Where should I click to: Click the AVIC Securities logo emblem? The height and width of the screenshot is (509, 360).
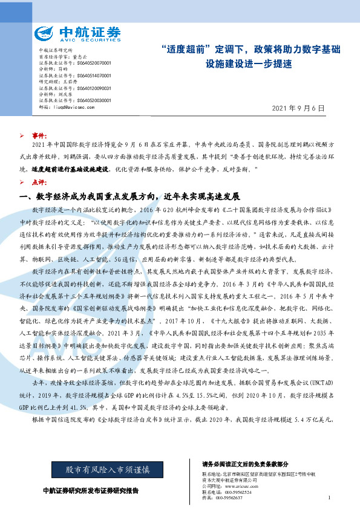[46, 33]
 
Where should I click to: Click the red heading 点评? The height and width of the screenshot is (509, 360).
[39, 182]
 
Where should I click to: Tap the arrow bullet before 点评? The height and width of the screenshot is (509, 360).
[22, 182]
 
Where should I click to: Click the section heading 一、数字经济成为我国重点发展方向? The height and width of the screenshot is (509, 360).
[130, 197]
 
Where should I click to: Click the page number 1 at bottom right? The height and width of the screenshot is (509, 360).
[327, 498]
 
